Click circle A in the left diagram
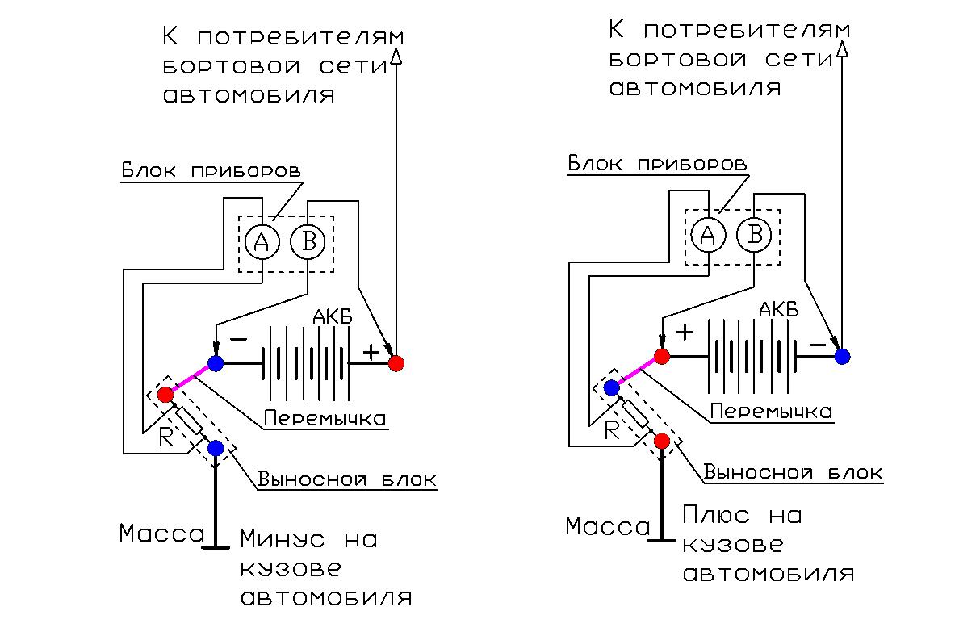coord(262,241)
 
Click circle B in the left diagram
coord(308,241)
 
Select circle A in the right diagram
coord(708,234)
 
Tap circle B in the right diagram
coord(754,234)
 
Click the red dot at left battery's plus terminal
coord(396,363)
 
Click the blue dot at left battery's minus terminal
coord(216,363)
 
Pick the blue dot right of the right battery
coord(842,356)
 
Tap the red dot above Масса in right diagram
coord(662,441)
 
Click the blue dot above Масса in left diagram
coord(216,448)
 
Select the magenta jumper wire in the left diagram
coord(191,379)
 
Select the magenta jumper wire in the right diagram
coord(637,372)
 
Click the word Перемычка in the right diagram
coord(771,412)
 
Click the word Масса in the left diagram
coord(162,534)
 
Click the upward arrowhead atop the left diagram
coord(396,54)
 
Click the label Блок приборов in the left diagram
coord(211,172)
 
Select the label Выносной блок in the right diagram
coord(794,472)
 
